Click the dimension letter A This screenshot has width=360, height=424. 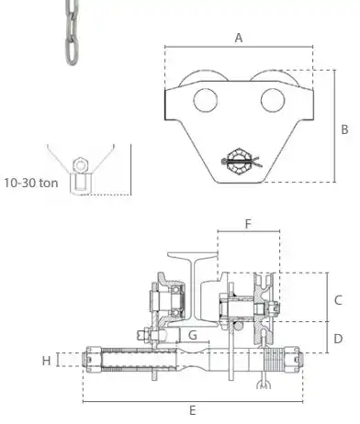coord(239,38)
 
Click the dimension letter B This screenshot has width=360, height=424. coord(344,129)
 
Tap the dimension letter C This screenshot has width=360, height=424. coord(338,300)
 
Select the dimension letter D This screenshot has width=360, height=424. coord(338,339)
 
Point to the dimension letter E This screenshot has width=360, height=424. coord(192,410)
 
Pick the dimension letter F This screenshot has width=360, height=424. coord(248,224)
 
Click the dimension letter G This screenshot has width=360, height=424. coord(193,335)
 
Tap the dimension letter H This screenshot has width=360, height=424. coord(46,361)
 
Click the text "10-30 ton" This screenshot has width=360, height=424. coord(31,183)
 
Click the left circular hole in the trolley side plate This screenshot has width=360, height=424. coord(206,100)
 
